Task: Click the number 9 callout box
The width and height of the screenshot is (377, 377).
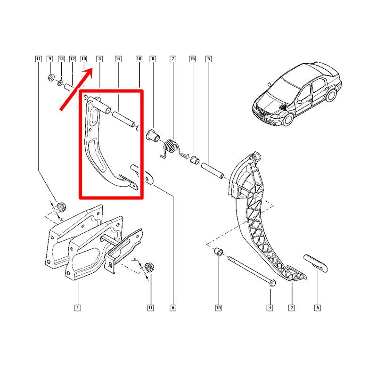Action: pyautogui.click(x=50, y=59)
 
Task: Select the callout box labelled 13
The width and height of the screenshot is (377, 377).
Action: pyautogui.click(x=61, y=59)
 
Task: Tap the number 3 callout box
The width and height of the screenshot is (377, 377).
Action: pyautogui.click(x=99, y=59)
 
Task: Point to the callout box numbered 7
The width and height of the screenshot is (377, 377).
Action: pyautogui.click(x=173, y=59)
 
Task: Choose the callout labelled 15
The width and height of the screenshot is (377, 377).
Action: pyautogui.click(x=192, y=59)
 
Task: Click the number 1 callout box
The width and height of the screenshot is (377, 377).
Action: pyautogui.click(x=78, y=308)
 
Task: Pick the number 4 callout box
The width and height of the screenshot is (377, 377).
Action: pyautogui.click(x=270, y=308)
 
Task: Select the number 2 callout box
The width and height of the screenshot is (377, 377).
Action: pyautogui.click(x=292, y=308)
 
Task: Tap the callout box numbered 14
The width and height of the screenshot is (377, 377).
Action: pyautogui.click(x=118, y=59)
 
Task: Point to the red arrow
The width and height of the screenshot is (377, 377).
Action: pyautogui.click(x=76, y=89)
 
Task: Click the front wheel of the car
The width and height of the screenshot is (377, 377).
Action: pyautogui.click(x=288, y=119)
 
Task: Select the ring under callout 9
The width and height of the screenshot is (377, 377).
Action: pyautogui.click(x=51, y=78)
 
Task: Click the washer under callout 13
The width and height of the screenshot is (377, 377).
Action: pyautogui.click(x=60, y=83)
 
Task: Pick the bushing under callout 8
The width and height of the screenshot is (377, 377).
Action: pyautogui.click(x=154, y=136)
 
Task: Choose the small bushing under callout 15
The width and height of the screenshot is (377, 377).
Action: pyautogui.click(x=194, y=159)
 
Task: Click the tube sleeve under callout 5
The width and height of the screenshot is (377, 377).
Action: pyautogui.click(x=213, y=171)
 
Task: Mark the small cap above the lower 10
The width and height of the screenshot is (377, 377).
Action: pyautogui.click(x=218, y=252)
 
